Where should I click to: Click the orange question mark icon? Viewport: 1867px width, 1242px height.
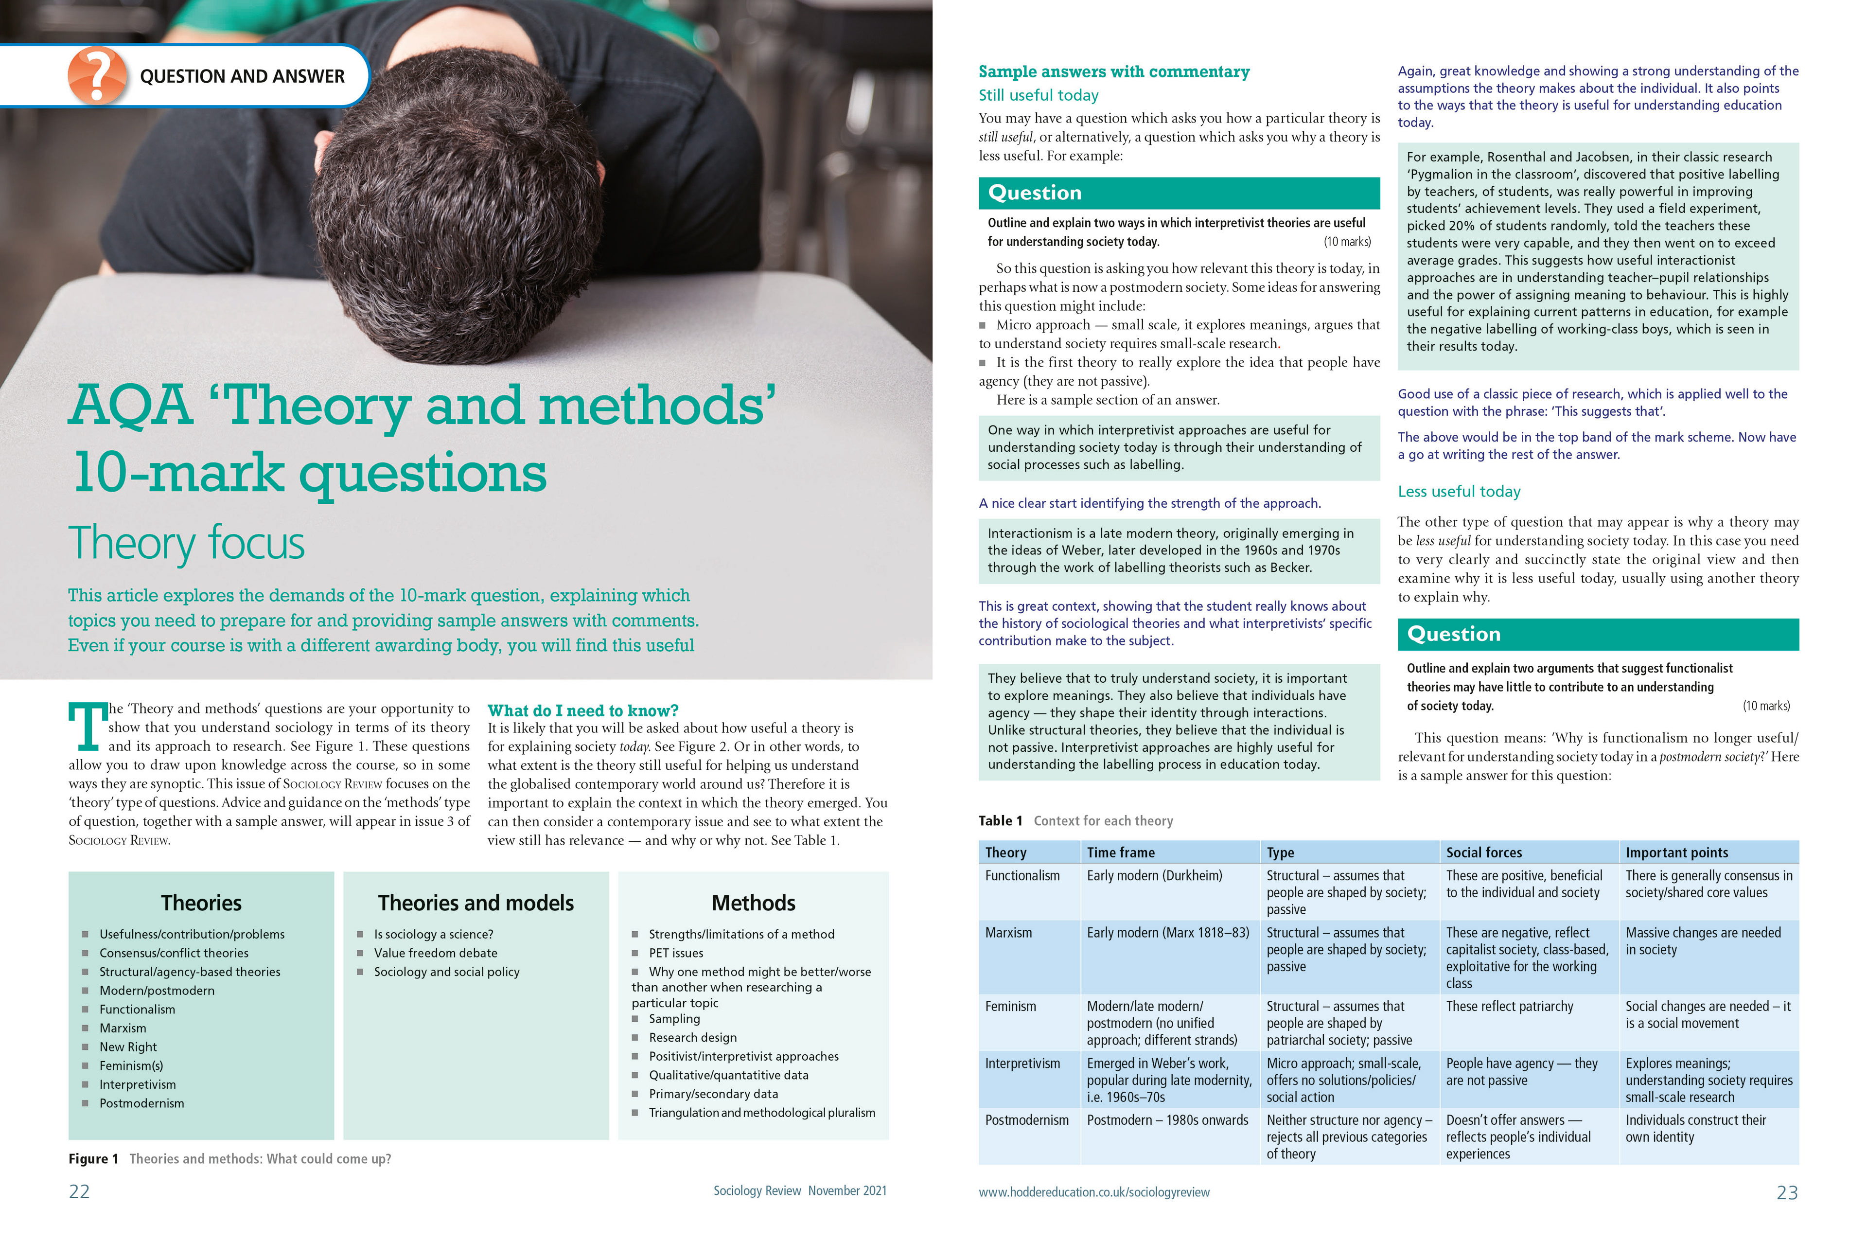[97, 75]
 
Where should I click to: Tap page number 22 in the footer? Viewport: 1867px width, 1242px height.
[79, 1191]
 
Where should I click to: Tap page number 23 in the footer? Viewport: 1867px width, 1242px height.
[1786, 1192]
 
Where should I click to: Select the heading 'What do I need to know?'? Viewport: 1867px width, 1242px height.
[583, 710]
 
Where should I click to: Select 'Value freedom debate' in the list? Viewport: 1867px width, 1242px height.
[436, 953]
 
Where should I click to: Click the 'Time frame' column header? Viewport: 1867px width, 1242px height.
[1120, 852]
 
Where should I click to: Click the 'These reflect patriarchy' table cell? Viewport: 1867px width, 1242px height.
[1509, 1007]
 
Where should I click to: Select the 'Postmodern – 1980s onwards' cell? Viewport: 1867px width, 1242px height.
[1167, 1120]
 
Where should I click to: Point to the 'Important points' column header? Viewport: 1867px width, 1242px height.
[1676, 852]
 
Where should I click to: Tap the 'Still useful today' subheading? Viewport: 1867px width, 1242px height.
[1038, 95]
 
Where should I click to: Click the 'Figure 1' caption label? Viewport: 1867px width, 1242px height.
[93, 1159]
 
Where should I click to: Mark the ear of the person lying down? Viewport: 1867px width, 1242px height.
[322, 148]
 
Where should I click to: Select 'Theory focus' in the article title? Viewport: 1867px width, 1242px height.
[186, 543]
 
